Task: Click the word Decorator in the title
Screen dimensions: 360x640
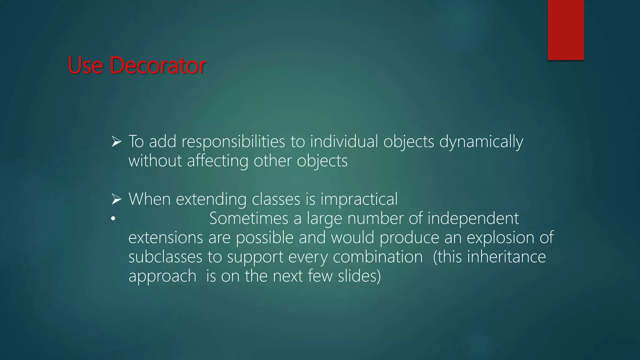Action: pos(158,66)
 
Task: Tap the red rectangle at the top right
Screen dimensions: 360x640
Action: pos(566,30)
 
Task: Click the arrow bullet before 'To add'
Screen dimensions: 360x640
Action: pos(116,142)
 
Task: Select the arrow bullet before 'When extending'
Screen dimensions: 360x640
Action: pos(116,199)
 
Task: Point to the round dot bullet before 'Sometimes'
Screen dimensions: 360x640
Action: pos(113,219)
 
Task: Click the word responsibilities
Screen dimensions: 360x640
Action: pos(233,142)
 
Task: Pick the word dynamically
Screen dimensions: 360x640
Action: pos(481,142)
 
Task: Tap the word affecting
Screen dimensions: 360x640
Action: pos(217,161)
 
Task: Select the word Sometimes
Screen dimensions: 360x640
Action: pos(248,218)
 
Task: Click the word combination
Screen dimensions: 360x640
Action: pos(377,257)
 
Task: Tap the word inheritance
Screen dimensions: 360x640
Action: pos(506,257)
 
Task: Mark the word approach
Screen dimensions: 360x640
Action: pos(162,276)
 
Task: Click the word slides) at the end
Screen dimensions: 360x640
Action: pos(359,276)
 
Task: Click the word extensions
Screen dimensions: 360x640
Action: pos(166,237)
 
